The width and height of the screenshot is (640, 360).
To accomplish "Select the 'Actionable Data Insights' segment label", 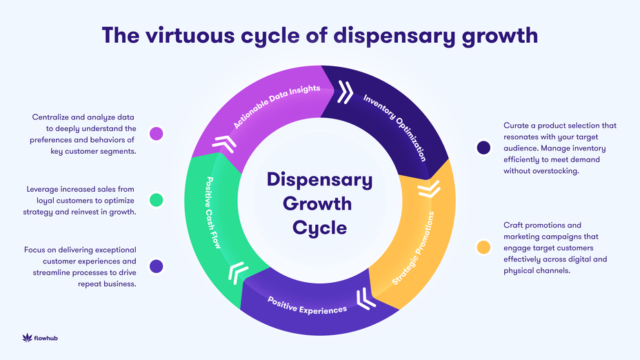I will tap(276, 108).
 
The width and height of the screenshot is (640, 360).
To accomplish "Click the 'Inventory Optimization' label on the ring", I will tap(395, 128).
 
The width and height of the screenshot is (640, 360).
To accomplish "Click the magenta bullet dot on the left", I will tap(157, 133).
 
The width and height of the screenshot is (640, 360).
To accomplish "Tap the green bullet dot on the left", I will tap(157, 200).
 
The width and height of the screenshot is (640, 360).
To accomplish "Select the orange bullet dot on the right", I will tap(483, 246).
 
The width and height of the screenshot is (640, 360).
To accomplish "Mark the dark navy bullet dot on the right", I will tap(483, 147).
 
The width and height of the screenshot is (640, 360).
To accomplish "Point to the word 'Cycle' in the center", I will tap(319, 227).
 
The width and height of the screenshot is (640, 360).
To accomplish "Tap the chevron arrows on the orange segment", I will tap(428, 188).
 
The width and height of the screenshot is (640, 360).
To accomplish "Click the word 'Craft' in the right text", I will tap(517, 225).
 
